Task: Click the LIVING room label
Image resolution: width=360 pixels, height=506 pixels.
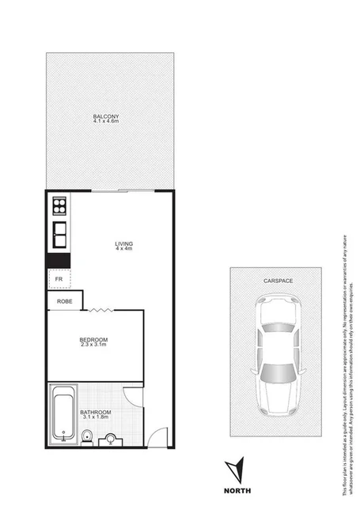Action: coord(123,243)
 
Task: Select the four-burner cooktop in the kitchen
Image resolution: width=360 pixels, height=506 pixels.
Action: coord(59,208)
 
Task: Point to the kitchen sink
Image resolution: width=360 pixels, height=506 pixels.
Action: coord(59,234)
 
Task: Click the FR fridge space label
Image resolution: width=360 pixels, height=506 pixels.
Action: coord(58,279)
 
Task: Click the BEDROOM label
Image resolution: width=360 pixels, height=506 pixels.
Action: coord(93,340)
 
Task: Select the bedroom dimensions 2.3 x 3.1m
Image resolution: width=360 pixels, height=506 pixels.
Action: coord(93,346)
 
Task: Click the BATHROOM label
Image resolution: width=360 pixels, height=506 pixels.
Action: coord(96,413)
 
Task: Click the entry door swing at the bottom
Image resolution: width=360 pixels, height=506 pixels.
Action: coord(160,435)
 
